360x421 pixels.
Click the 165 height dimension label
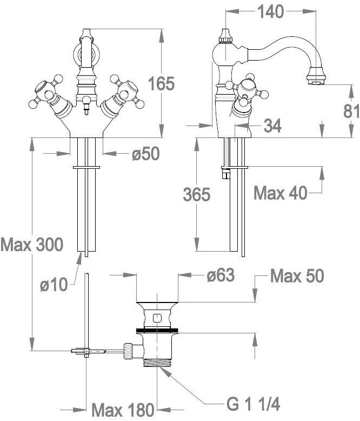162,83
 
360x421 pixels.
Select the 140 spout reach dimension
270,11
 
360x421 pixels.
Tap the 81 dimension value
352,111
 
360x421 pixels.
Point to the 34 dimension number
272,126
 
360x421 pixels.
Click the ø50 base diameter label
145,154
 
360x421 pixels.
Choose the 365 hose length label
197,194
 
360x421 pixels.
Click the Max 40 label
281,193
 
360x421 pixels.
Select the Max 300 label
32,245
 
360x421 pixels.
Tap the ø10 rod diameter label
54,284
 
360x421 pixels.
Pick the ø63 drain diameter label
221,275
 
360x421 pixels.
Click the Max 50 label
297,276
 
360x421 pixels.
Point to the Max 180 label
123,410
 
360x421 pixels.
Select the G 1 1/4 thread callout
254,404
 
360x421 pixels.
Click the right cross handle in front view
125,91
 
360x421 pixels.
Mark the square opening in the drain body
156,318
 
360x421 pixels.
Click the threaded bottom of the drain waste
157,363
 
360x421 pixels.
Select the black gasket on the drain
157,330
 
